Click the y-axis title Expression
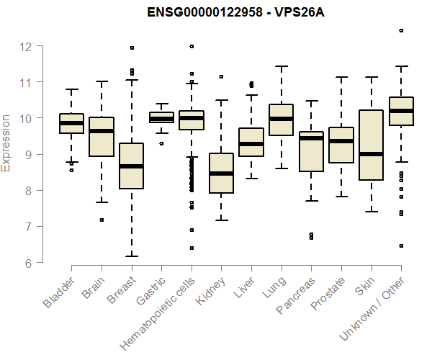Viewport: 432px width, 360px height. (x=7, y=143)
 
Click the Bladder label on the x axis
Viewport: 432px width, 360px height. (x=59, y=292)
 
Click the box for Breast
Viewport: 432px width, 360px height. (x=131, y=166)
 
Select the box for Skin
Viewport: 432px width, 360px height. (x=371, y=145)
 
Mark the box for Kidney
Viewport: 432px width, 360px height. (x=221, y=173)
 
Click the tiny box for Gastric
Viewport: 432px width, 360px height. (x=161, y=117)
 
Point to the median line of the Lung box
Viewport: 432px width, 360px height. (x=281, y=119)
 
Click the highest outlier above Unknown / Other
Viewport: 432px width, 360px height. (x=401, y=31)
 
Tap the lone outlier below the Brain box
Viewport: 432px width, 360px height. (x=102, y=220)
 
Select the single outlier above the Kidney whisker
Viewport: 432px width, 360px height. (x=221, y=76)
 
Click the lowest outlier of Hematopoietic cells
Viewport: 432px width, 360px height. (x=192, y=248)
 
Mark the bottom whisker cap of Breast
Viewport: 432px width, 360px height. (x=131, y=256)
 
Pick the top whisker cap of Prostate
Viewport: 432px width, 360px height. (x=341, y=77)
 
